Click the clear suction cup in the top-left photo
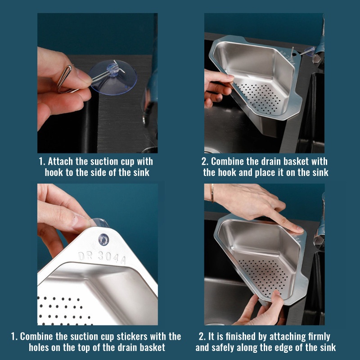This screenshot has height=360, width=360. (113, 77)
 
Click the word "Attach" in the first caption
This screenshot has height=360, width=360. (60, 162)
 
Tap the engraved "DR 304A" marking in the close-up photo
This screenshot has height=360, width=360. (102, 257)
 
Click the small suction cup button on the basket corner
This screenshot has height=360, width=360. (103, 239)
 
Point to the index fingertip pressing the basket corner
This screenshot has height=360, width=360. (298, 229)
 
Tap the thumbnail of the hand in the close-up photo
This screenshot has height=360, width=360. (78, 221)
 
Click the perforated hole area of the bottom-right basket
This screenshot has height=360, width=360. (264, 276)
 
